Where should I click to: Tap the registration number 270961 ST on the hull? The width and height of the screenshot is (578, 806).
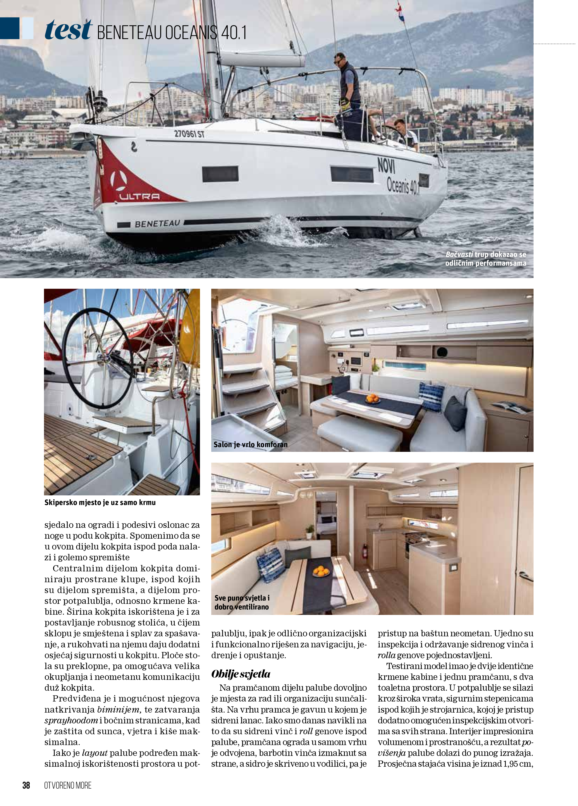189,134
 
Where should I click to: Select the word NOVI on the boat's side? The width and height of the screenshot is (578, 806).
386,166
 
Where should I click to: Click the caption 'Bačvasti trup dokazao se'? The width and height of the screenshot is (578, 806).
485,254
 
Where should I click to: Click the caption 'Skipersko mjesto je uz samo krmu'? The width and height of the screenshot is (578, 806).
100,502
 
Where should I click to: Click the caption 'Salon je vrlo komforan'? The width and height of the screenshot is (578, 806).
251,444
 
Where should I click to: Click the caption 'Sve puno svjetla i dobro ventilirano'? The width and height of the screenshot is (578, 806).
242,602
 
